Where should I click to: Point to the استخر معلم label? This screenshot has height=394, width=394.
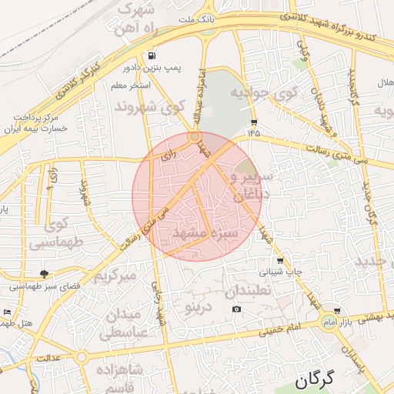pyautogui.click(x=153, y=85)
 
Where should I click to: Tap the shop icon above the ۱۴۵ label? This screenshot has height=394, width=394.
pyautogui.click(x=254, y=122)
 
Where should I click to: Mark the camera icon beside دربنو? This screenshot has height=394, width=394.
pyautogui.click(x=236, y=309)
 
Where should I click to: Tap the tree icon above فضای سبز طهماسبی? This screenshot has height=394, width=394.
pyautogui.click(x=44, y=273)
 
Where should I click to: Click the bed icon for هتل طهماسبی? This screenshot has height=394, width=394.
pyautogui.click(x=7, y=312)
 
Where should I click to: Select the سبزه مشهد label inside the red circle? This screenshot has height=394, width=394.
pyautogui.click(x=202, y=232)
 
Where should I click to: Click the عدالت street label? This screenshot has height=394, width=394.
pyautogui.click(x=49, y=359)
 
